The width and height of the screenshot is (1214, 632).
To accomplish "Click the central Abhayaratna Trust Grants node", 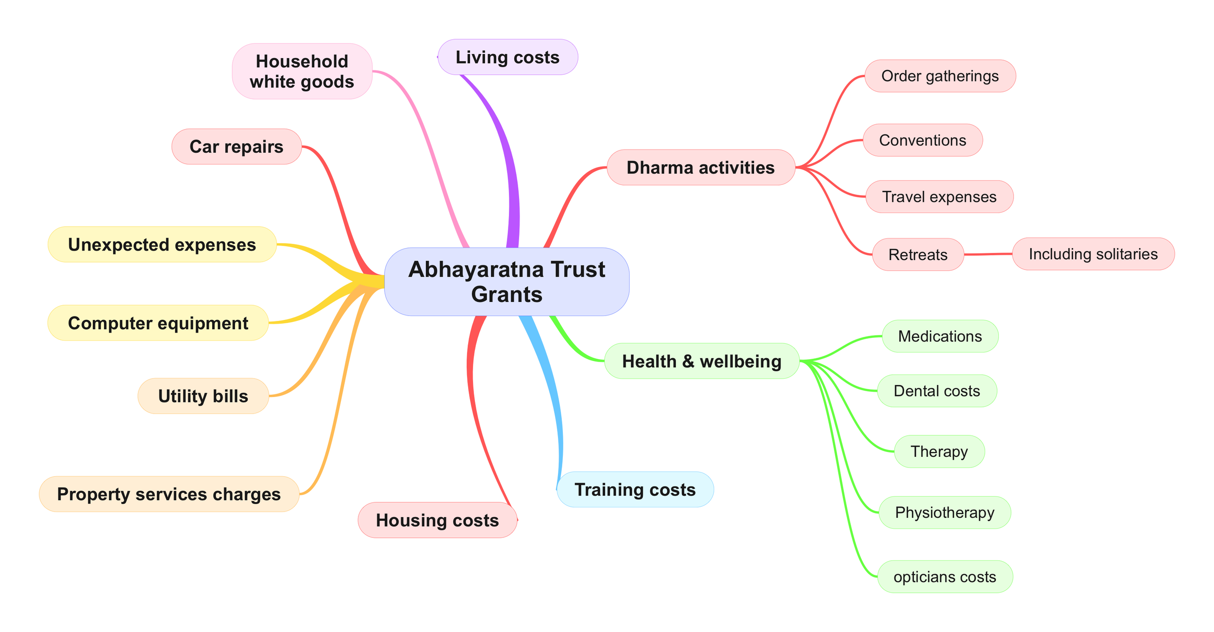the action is [x=506, y=282].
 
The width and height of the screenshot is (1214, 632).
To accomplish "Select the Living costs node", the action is [x=507, y=57].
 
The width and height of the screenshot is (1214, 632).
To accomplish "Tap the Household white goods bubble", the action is [x=302, y=71].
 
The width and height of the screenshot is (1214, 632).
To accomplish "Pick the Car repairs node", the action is [x=236, y=147].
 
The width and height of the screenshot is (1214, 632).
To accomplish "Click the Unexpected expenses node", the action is [x=162, y=245].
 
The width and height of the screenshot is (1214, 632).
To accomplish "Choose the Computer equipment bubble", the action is [x=158, y=323].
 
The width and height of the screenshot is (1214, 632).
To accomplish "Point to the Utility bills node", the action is [x=203, y=396].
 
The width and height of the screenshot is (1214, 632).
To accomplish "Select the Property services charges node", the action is [x=169, y=494].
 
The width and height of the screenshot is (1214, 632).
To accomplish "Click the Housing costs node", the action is [x=437, y=520].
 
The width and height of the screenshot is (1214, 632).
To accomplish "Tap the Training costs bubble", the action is [x=635, y=490].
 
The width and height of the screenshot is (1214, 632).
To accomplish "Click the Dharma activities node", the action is [x=701, y=167].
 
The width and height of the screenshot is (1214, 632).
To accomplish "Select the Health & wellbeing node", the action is [x=702, y=361].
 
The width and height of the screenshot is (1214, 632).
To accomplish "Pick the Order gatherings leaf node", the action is [x=940, y=76].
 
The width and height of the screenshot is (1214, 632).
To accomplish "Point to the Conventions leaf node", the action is [x=923, y=140].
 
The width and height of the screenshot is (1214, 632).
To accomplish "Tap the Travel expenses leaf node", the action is [x=939, y=197].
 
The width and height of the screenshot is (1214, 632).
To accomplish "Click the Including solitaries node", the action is [x=1093, y=254].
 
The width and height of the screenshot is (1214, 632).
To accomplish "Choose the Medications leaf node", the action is [x=940, y=336].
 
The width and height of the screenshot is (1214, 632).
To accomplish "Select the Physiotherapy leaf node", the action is [x=944, y=513].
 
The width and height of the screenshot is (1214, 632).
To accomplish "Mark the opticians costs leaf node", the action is [x=945, y=577].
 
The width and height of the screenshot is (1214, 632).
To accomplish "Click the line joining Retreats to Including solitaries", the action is [x=988, y=254].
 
